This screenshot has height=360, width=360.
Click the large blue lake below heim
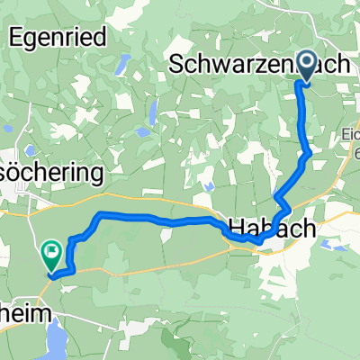point(47,341)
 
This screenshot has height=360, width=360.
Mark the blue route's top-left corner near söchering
point(99,214)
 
